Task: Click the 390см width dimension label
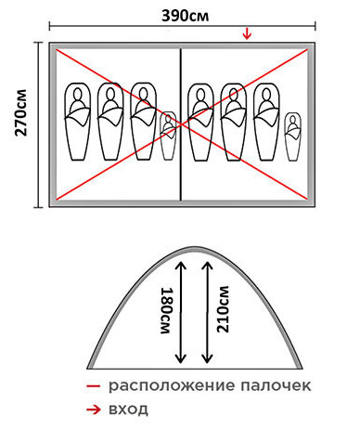click(185, 16)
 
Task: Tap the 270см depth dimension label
click(21, 113)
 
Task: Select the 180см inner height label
click(165, 311)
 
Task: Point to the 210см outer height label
click(223, 309)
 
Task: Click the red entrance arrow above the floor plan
click(247, 33)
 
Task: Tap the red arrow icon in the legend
click(94, 409)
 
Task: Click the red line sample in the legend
click(94, 386)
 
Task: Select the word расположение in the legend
click(172, 386)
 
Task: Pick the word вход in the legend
click(128, 409)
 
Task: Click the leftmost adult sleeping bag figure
click(77, 122)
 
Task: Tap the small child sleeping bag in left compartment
click(168, 136)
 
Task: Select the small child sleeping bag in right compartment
click(292, 136)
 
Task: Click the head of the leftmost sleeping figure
click(77, 94)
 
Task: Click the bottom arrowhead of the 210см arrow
click(207, 359)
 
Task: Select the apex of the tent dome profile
click(194, 248)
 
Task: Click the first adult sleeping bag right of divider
click(201, 122)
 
